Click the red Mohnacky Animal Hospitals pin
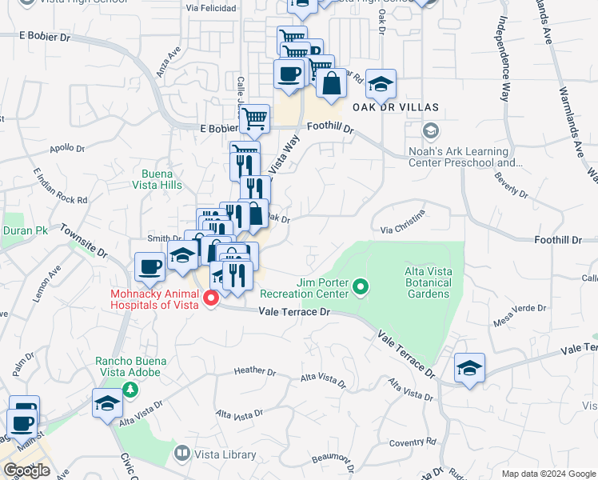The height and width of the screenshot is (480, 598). [212, 298]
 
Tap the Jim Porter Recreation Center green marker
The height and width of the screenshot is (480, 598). [361, 286]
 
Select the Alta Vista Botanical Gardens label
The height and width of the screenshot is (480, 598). [423, 282]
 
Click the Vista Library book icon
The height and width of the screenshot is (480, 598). [182, 454]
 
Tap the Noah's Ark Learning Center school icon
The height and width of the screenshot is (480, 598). [432, 130]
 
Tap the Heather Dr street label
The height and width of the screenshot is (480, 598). [255, 371]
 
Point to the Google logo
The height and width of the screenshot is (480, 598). [26, 470]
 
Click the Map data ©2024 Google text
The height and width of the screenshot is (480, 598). [548, 474]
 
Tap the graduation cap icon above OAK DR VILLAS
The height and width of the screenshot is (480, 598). [381, 83]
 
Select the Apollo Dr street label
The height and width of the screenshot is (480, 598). [67, 149]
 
